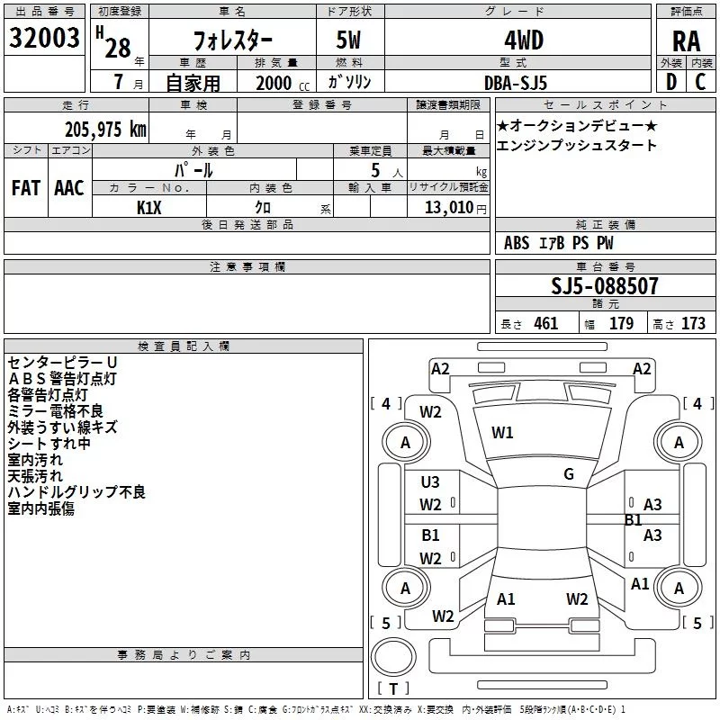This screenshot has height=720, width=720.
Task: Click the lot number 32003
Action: coord(44,38)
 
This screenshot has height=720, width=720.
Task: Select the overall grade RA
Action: coord(686,41)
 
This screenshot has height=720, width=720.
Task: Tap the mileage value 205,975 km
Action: coord(105,130)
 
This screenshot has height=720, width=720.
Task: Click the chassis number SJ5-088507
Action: coord(605,286)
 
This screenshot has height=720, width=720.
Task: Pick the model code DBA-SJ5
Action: coord(516,83)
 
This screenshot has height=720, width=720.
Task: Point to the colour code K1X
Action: coord(148,208)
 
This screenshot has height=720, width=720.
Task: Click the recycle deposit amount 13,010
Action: coord(449,208)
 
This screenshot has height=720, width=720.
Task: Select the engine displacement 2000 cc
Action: coord(283,83)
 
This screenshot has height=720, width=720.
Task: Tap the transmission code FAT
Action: coord(26,188)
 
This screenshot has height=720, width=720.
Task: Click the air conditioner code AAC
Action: coord(69,188)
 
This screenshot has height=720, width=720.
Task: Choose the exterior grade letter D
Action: coord(671,82)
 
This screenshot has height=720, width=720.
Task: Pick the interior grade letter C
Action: coord(700,82)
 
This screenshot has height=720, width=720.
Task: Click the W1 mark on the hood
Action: coord(502,433)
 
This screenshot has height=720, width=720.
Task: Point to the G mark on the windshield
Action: coord(569,474)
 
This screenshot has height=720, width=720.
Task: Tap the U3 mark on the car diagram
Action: coord(430,482)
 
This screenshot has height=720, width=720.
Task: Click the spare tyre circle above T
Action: coord(393,657)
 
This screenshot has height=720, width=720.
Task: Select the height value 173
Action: coord(693,324)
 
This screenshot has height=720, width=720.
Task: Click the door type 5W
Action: coord(348,40)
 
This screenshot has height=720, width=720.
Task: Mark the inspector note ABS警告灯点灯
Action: coord(62,379)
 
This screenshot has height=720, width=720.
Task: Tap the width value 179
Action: coord(621,324)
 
